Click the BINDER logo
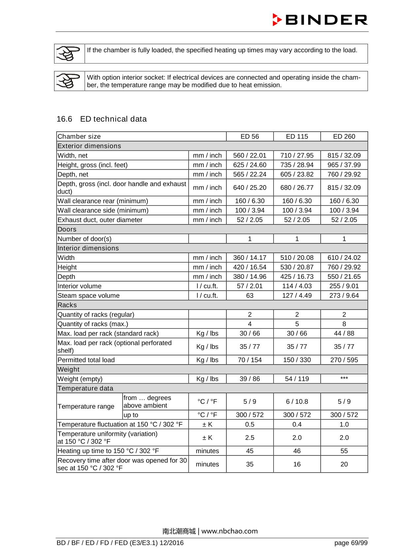click(320, 20)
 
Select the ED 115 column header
click(297, 136)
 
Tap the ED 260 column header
click(344, 136)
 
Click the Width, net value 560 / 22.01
click(249, 155)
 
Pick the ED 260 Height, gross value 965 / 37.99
click(344, 165)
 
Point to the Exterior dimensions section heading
click(89, 146)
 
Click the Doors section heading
click(67, 229)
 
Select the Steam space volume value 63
click(249, 296)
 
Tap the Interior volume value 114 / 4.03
click(297, 286)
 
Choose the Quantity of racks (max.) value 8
click(344, 324)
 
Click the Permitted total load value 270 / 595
click(344, 360)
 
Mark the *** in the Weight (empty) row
click(344, 378)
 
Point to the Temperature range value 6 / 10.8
click(297, 402)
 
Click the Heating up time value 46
click(297, 451)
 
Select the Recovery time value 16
click(297, 464)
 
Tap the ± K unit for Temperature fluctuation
click(207, 425)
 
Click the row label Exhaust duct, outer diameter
click(100, 220)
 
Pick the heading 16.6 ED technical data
click(102, 119)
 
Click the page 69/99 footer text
click(350, 543)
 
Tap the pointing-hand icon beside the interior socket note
click(69, 81)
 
